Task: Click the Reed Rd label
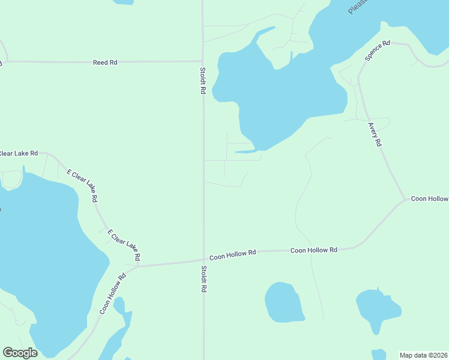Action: click(x=104, y=62)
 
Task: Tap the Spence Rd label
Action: click(x=378, y=51)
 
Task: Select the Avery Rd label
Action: click(x=375, y=135)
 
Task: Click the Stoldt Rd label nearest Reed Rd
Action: click(x=203, y=81)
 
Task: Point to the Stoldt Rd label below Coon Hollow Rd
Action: click(x=204, y=279)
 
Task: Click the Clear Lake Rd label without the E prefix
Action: click(x=18, y=154)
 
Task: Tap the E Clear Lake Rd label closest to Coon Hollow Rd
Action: click(x=124, y=244)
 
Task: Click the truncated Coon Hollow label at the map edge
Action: click(x=429, y=199)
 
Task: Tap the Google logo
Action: click(x=20, y=353)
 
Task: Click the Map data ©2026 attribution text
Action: click(x=423, y=355)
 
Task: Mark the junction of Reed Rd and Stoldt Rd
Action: click(x=202, y=61)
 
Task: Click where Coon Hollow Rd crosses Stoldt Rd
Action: click(x=203, y=260)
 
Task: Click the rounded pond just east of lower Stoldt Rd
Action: click(x=284, y=302)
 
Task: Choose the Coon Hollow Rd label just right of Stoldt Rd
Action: click(x=233, y=254)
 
